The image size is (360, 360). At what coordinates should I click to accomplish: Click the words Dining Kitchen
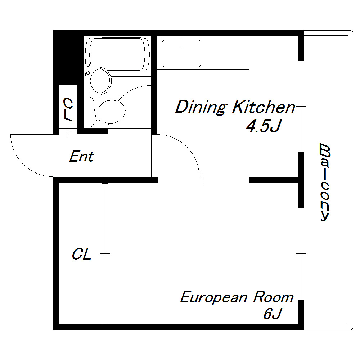(x=235, y=107)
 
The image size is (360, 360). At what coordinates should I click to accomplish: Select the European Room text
(x=237, y=297)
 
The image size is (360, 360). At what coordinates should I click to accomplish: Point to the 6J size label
(x=273, y=314)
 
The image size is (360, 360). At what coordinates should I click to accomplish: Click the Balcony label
(x=325, y=182)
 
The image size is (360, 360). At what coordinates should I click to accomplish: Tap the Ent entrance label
(x=81, y=156)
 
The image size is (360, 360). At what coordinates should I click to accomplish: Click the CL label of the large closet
(x=81, y=254)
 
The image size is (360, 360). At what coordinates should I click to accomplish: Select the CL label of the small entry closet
(x=68, y=109)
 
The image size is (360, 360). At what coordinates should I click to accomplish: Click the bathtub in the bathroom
(x=117, y=54)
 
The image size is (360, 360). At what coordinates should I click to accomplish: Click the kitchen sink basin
(x=181, y=53)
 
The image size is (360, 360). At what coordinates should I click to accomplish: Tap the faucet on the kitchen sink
(x=182, y=41)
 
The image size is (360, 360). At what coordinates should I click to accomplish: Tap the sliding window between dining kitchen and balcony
(x=301, y=107)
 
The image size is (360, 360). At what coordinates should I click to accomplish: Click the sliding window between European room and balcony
(x=301, y=254)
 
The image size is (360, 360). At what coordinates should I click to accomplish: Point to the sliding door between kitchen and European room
(x=203, y=180)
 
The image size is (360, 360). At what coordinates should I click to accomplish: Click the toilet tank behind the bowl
(x=89, y=112)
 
